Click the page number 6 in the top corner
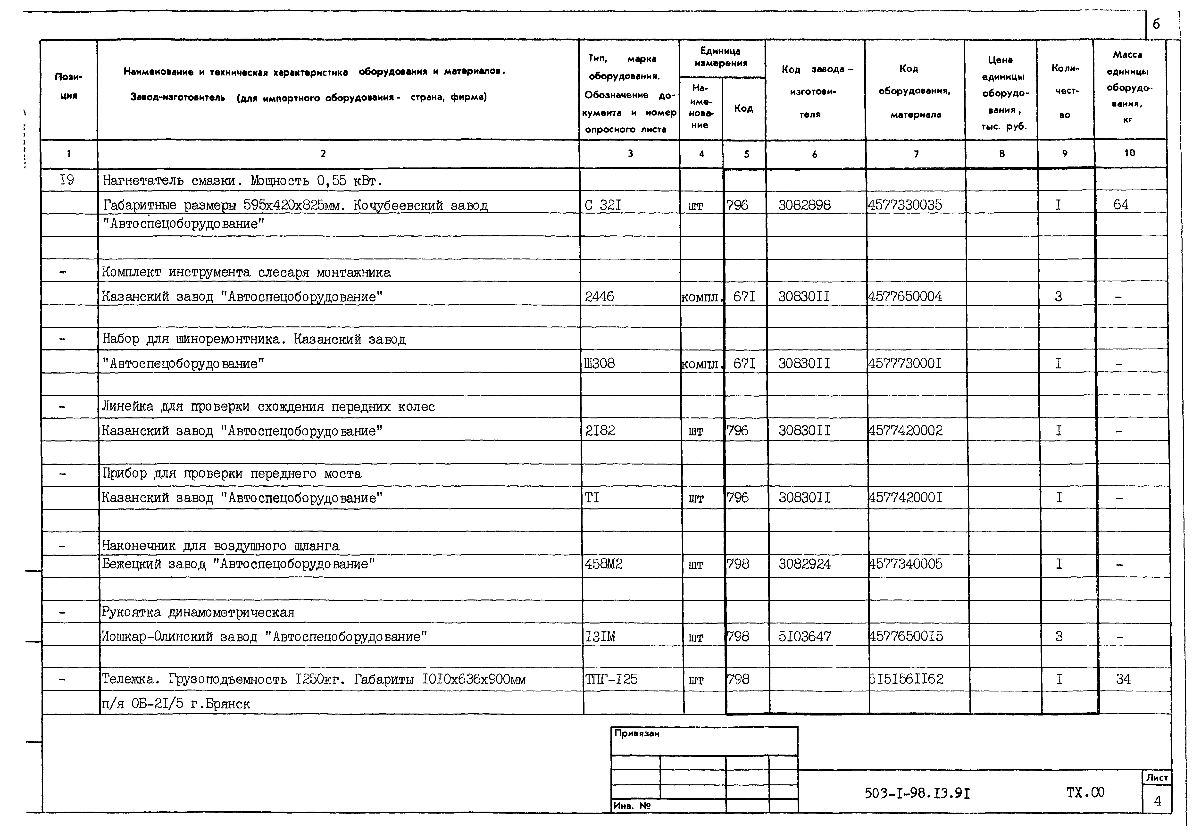click(1156, 24)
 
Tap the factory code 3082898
click(804, 205)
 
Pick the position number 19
click(67, 180)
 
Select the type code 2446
click(600, 297)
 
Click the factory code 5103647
click(804, 637)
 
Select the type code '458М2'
click(604, 564)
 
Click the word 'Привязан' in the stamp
click(637, 733)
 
